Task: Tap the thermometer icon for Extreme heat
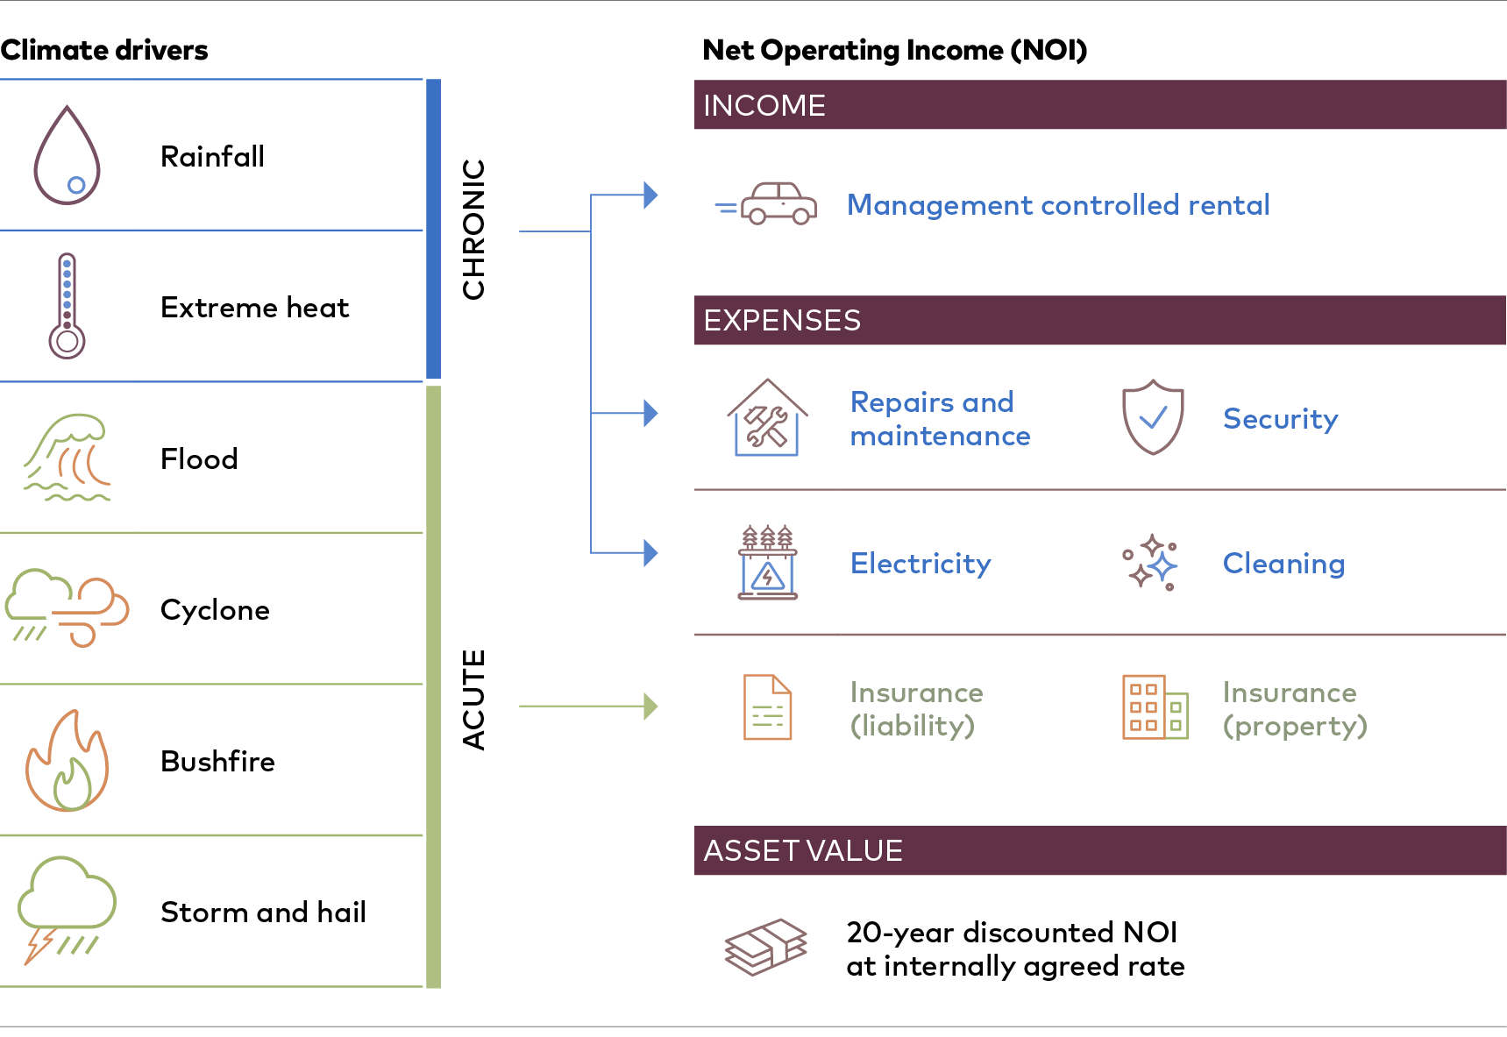(x=67, y=306)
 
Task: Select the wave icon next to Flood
(x=67, y=458)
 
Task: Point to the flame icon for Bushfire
(x=67, y=761)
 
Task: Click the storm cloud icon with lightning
(x=67, y=910)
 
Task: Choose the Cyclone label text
(x=215, y=609)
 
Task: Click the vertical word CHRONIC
(x=473, y=230)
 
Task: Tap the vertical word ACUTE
(x=473, y=700)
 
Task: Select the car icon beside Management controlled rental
(x=766, y=203)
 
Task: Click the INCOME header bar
(x=1100, y=105)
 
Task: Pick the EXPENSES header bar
(x=1100, y=320)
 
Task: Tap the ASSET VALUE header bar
(x=1100, y=850)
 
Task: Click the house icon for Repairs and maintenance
(x=767, y=418)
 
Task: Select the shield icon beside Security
(x=1153, y=417)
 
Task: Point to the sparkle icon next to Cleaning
(x=1151, y=562)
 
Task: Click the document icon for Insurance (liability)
(x=767, y=707)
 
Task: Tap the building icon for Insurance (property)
(x=1155, y=707)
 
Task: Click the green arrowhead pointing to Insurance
(x=650, y=706)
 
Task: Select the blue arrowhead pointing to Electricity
(x=650, y=553)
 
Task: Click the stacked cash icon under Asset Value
(x=765, y=947)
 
